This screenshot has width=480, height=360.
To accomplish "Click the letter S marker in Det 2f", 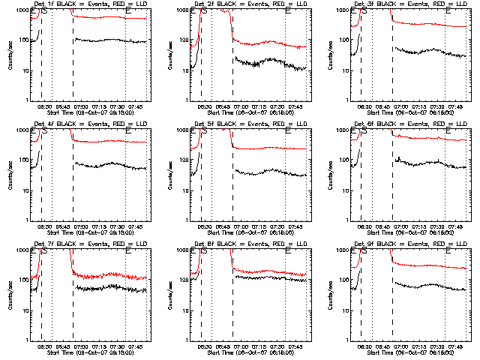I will pyautogui.click(x=205, y=10).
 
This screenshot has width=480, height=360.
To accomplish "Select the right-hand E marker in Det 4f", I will pyautogui.click(x=128, y=130).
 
